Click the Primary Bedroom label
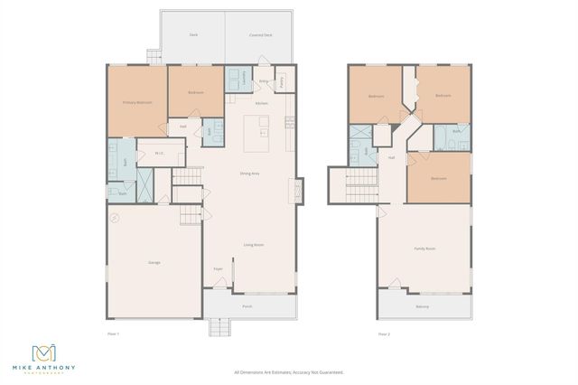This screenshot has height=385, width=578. [x=137, y=103]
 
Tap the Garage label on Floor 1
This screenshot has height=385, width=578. [x=154, y=262]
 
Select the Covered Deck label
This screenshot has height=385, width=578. [x=261, y=35]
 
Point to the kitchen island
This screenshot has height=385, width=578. [x=257, y=134]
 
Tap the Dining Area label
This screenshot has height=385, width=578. [x=250, y=174]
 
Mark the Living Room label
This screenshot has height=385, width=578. [x=254, y=245]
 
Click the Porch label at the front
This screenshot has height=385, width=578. [x=247, y=306]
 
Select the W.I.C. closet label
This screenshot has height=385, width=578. [x=159, y=153]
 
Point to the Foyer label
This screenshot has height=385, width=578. [x=218, y=269]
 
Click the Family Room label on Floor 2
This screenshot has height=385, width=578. [x=424, y=249]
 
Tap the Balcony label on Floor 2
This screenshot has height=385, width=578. [x=422, y=306]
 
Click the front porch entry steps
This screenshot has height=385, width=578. [x=221, y=327]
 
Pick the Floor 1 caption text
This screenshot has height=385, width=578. [x=113, y=334]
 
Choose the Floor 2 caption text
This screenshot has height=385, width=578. [x=384, y=334]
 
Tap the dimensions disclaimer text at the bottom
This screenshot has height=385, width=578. [x=289, y=371]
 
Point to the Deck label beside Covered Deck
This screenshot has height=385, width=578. [x=193, y=35]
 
